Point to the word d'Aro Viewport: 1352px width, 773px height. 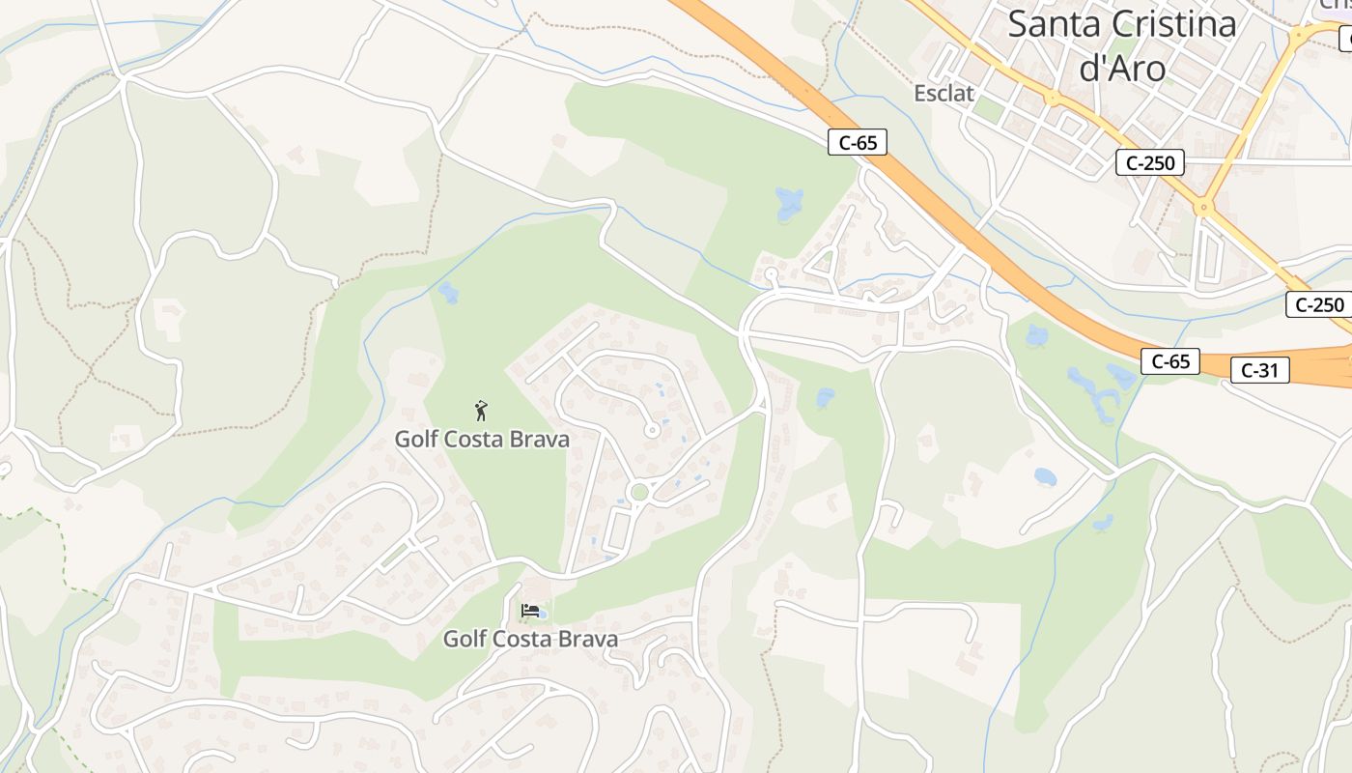pos(1121,68)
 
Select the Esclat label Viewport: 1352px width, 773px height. pos(944,94)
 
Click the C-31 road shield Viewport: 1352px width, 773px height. pos(1259,369)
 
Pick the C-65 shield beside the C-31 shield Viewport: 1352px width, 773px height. pos(1170,361)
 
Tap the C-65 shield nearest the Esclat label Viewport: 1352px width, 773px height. pos(858,143)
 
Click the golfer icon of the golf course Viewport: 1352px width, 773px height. pos(481,411)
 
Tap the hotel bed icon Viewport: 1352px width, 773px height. pos(529,611)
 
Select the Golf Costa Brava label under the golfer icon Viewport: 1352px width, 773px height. pos(482,440)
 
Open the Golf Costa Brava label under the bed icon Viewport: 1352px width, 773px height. pos(530,639)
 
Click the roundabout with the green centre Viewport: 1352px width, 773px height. pos(637,493)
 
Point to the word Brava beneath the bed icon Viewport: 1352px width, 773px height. pos(586,639)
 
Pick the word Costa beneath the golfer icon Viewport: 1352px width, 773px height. pos(482,440)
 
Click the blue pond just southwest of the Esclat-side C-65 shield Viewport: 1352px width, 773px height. pos(790,203)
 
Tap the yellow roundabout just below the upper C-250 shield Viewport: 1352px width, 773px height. pos(1203,206)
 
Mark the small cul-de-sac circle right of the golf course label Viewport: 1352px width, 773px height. pos(652,430)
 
